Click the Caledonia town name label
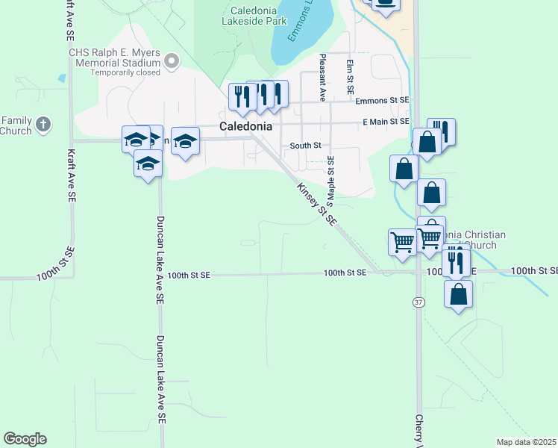pos(245,126)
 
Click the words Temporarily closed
pos(131,73)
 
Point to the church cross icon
pos(43,125)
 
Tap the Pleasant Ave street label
pos(322,77)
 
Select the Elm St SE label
pos(349,76)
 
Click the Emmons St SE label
pos(383,100)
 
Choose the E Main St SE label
pos(386,121)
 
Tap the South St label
pos(305,146)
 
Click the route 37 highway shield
pos(418,301)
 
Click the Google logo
pos(25,439)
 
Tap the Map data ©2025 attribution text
pos(526,442)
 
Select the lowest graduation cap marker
pos(148,164)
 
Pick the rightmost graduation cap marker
pos(185,141)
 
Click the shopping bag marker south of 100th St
pos(458,293)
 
